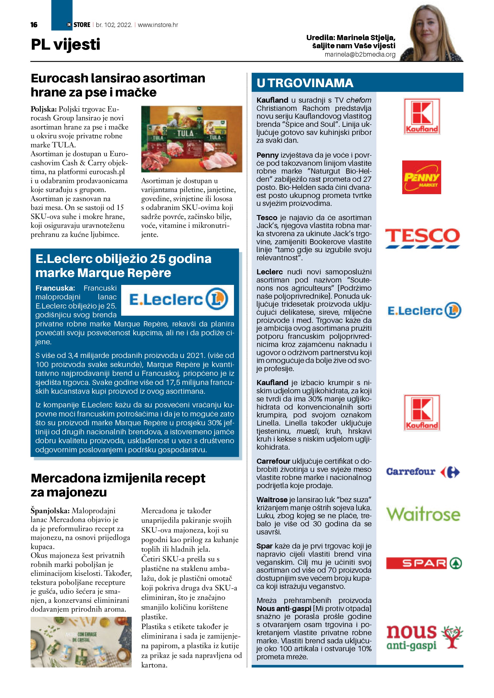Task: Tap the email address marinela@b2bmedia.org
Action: coord(360,54)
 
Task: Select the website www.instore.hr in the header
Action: coord(158,25)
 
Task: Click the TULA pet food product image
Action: coord(192,139)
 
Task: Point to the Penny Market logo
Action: coord(421,177)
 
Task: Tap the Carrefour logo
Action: coord(423,472)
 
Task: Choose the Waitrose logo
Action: coord(423,514)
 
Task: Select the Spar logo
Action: coord(424,563)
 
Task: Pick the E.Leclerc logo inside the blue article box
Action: coord(178,300)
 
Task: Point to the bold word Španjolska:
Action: coord(50,511)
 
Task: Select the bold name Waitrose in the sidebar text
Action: coord(272,500)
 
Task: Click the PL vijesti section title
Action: coord(65,44)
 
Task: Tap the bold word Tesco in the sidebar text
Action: coord(267,218)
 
